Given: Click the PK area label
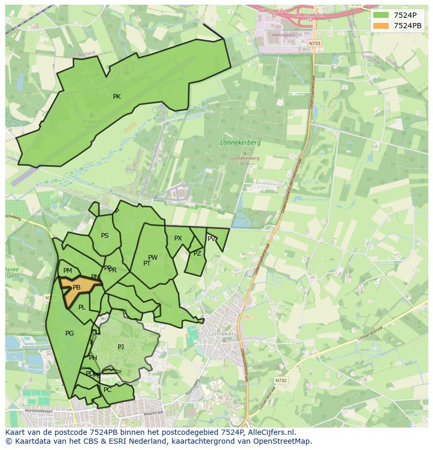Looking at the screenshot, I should [x=117, y=97].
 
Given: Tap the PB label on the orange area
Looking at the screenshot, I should [x=76, y=287].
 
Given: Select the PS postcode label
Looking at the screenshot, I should [x=105, y=236].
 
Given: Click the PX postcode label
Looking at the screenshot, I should [x=178, y=238].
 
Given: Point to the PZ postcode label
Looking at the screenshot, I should [x=197, y=253].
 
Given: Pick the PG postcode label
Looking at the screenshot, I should [x=70, y=333].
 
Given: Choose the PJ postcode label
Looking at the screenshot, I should [x=121, y=347].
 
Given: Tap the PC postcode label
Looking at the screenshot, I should [x=108, y=390].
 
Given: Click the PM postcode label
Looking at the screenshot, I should [x=67, y=271].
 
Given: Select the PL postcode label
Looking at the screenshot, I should [x=82, y=307].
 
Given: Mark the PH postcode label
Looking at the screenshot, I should [x=93, y=358].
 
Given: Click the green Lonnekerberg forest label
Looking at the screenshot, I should [x=240, y=142].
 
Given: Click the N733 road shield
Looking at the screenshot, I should [x=314, y=43].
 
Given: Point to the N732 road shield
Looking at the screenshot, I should [x=281, y=380].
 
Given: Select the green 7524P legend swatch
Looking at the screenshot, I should [x=381, y=15].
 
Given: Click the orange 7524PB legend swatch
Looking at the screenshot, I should [x=381, y=25].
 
